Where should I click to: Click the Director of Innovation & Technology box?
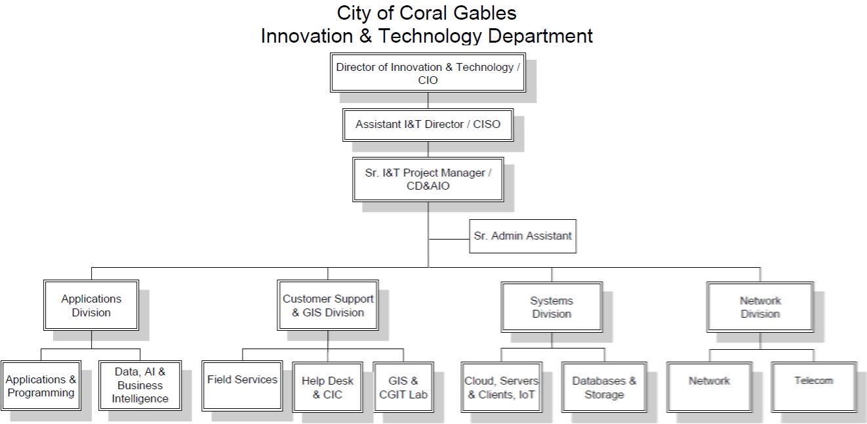click(x=428, y=74)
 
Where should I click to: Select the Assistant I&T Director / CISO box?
click(x=428, y=124)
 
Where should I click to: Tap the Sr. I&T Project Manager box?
click(x=428, y=179)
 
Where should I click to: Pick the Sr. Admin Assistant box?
click(x=523, y=236)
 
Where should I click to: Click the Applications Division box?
click(x=91, y=305)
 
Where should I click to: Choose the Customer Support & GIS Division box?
click(x=328, y=305)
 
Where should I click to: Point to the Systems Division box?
click(x=552, y=307)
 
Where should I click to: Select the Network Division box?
click(x=760, y=307)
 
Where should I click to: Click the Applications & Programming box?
click(x=41, y=386)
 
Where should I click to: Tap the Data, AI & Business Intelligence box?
click(x=140, y=385)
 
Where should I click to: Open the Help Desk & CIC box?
click(x=327, y=387)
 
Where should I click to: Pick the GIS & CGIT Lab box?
click(x=403, y=387)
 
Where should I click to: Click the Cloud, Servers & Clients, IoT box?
click(x=502, y=387)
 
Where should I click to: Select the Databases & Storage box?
click(x=604, y=387)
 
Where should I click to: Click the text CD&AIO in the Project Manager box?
click(x=428, y=186)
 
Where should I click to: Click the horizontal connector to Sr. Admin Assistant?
click(x=449, y=240)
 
